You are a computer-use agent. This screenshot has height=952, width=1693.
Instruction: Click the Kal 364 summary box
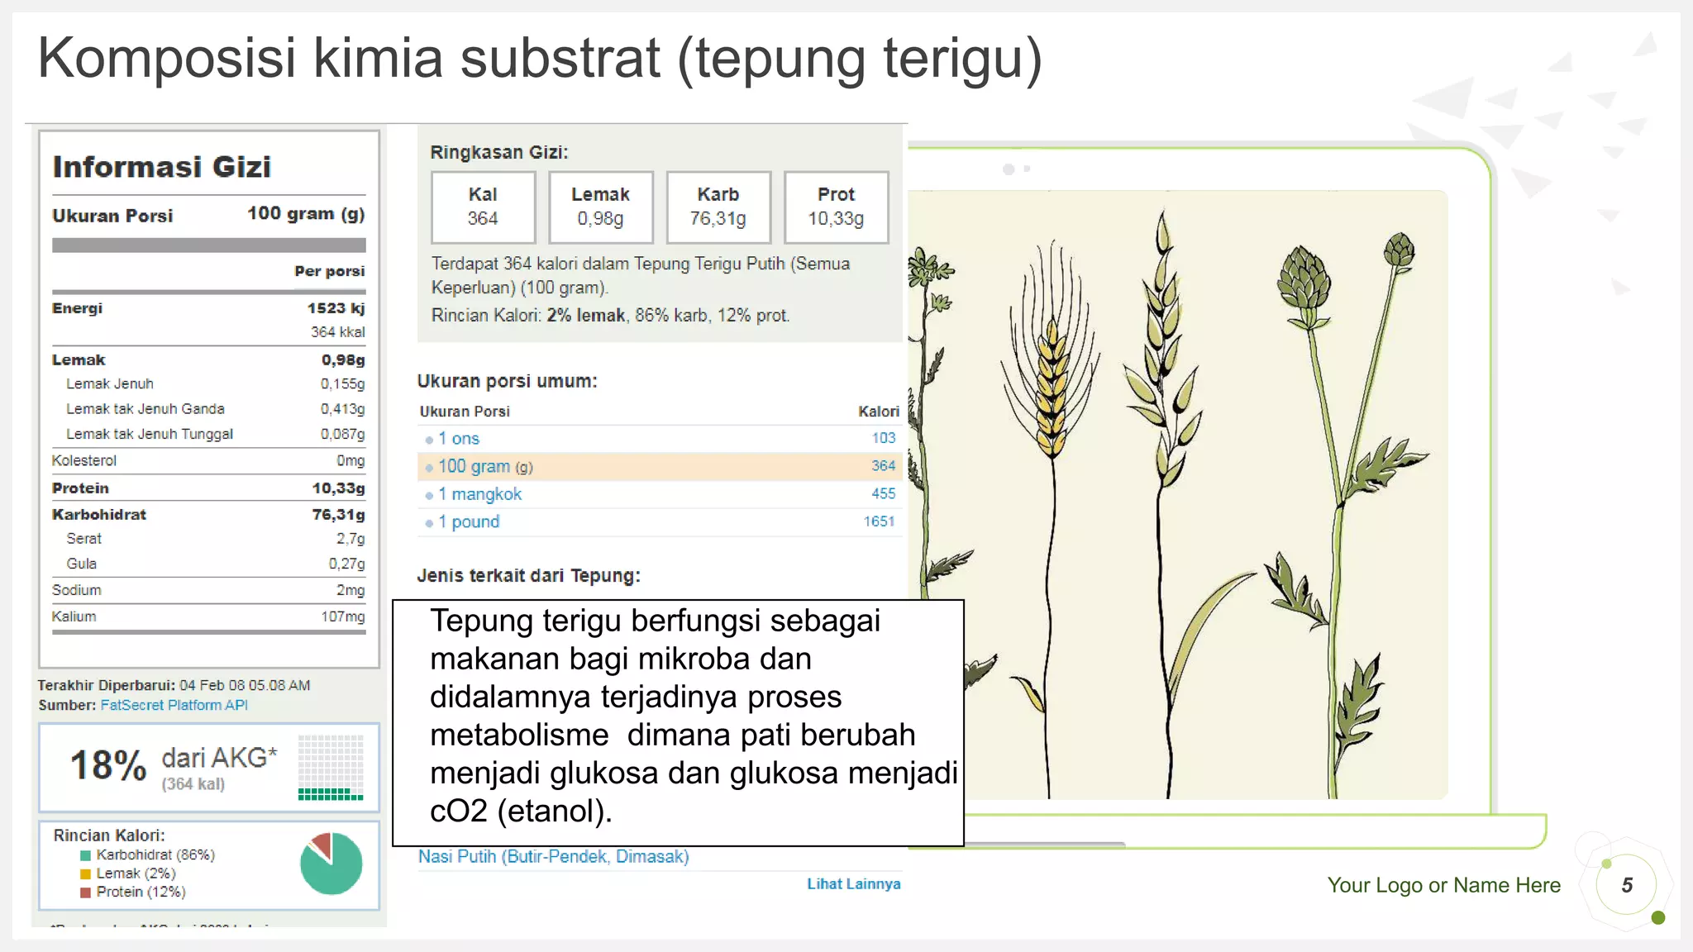pos(483,207)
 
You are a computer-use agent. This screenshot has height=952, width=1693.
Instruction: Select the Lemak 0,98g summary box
pos(600,207)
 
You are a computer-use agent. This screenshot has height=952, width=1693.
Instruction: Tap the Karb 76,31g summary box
pos(718,207)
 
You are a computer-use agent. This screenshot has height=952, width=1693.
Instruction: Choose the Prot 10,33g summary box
pos(836,207)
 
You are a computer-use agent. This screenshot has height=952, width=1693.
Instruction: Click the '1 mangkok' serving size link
pos(479,494)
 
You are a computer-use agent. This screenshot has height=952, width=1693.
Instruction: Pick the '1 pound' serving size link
pos(469,522)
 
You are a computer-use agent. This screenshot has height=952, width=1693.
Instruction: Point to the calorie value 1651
pos(879,521)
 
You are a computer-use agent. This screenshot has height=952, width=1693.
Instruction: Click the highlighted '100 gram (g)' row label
pos(484,467)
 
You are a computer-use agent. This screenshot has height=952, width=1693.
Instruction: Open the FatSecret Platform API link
pos(174,705)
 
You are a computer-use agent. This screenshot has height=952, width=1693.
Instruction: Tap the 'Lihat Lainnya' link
pos(853,884)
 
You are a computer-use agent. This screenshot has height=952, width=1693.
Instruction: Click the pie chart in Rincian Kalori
pos(331,864)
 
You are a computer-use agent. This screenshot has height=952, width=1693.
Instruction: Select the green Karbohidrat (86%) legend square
pos(85,855)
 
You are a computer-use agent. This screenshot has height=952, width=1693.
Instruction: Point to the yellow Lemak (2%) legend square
pos(85,873)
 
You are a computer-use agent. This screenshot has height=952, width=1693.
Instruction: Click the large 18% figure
pos(108,765)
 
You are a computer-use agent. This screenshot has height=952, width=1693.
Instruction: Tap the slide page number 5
pos(1626,886)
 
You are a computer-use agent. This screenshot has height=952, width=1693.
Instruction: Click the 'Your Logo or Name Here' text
pos(1443,886)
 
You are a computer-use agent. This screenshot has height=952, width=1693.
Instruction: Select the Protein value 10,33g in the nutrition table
pos(338,488)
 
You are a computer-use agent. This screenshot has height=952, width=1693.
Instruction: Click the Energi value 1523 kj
pos(336,308)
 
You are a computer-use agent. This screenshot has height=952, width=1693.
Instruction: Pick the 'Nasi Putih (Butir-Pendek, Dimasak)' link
pos(553,857)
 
